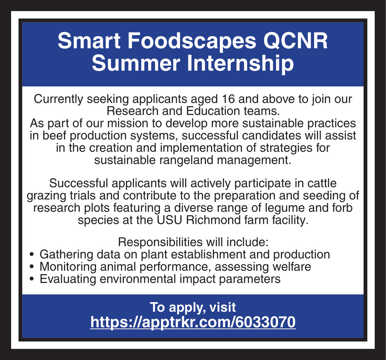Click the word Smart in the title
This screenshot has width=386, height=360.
coord(89,41)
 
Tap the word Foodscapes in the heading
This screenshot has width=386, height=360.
coord(192,41)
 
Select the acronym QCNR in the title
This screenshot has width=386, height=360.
coord(295,41)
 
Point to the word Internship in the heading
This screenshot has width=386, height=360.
coord(240,64)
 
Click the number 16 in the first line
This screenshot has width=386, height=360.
coord(228,99)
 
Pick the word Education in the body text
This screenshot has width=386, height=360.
coord(213,111)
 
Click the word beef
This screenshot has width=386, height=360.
coord(52,135)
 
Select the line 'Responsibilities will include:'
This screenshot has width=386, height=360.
coord(193,242)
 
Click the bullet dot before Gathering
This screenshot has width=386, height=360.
coord(31,255)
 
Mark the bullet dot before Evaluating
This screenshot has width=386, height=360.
coord(31,279)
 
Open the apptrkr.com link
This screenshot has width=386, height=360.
coord(193,322)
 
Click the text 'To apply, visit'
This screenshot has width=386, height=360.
coord(193,308)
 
